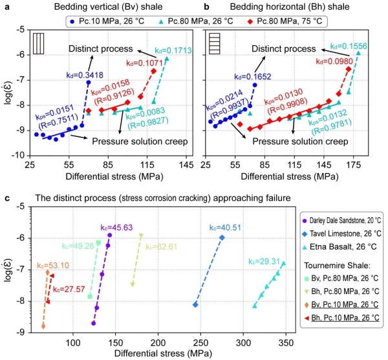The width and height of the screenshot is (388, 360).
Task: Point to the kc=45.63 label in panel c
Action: [x=116, y=228]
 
